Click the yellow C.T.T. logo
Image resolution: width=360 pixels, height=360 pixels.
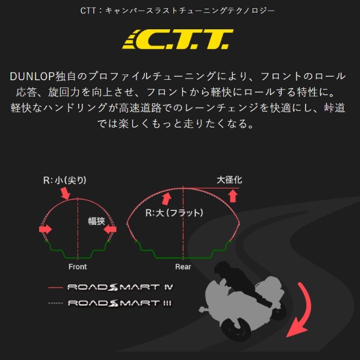coord(178,39)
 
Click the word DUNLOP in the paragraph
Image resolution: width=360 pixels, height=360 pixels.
coord(32,77)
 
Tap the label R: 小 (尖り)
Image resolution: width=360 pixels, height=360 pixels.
coord(65,180)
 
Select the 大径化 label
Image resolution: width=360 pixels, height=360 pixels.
coord(229,180)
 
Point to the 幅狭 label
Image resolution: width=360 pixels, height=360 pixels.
coord(97,221)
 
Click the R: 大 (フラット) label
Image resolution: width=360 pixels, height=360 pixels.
coord(174,213)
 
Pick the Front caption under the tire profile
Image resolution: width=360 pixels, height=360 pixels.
coord(78,267)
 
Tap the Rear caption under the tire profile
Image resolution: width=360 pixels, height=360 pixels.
coord(183,267)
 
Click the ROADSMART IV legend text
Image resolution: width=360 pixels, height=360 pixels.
coord(120,287)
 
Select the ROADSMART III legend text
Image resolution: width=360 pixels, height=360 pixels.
coord(120,303)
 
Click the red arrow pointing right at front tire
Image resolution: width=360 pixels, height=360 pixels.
coord(45,229)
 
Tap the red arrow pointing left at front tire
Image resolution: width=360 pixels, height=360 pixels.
coord(110,229)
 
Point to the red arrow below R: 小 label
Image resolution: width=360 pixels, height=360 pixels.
coord(65,193)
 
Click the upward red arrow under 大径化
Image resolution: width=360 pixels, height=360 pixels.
coord(233,195)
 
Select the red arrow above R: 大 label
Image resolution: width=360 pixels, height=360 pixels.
coord(167,199)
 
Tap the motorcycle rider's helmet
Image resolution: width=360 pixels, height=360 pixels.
coord(222,267)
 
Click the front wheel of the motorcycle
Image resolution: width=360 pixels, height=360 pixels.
coord(236,329)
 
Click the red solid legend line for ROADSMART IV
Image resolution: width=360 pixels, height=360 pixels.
coord(56,287)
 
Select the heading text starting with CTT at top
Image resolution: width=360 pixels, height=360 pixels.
coord(177,11)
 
